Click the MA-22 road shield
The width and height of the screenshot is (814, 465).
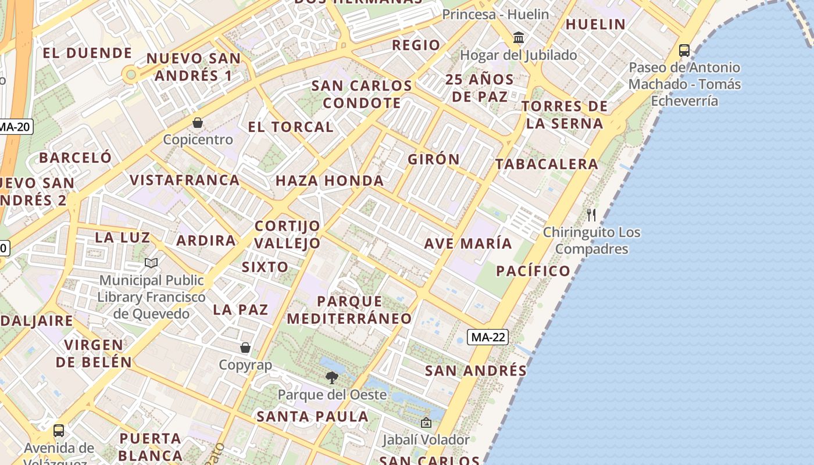488,337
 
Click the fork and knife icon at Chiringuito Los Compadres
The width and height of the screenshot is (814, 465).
591,215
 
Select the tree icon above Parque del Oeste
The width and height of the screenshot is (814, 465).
332,378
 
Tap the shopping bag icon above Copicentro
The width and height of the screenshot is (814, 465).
198,123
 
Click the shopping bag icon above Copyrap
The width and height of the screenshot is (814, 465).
245,348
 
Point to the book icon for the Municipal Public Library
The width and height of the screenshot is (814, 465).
151,263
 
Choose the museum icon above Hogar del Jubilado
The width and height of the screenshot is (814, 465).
519,38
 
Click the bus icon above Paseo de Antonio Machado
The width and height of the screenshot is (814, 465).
684,51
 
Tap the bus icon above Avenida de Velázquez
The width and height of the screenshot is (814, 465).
59,431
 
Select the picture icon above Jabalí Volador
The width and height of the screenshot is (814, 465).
426,423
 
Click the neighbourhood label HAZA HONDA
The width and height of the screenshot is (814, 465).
330,181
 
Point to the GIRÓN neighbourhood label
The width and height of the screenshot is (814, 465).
434,159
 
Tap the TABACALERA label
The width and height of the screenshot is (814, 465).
547,164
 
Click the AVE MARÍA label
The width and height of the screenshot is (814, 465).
468,244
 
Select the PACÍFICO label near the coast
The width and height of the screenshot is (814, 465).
533,271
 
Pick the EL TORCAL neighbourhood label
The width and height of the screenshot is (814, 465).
291,127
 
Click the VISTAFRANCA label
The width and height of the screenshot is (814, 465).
185,180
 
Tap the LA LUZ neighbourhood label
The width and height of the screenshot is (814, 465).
122,238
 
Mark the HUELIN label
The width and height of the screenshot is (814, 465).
595,24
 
